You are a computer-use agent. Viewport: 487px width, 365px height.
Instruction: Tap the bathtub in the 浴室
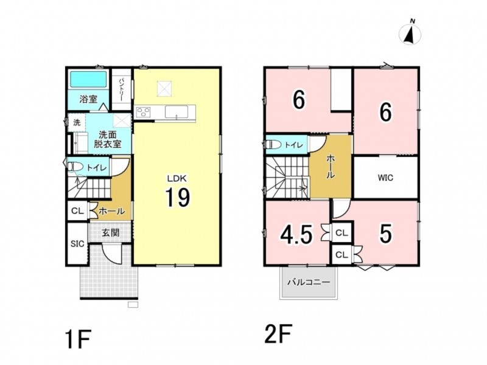88,79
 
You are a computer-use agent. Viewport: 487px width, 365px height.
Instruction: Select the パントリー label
121,89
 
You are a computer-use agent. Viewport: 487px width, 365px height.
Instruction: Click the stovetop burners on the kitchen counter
143,112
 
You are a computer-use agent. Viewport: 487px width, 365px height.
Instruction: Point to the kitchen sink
176,112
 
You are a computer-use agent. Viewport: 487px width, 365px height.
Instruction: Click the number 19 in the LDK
177,197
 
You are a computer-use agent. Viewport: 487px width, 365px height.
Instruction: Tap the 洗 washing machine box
77,122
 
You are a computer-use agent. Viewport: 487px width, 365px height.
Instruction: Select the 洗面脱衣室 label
108,139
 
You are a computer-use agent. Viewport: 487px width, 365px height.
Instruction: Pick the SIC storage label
77,244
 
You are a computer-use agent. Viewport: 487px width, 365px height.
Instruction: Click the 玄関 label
111,232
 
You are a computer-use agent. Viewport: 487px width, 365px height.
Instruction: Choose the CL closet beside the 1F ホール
78,211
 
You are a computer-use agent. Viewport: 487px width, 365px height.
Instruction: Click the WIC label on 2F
385,178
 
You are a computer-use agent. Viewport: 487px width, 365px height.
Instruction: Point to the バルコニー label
308,282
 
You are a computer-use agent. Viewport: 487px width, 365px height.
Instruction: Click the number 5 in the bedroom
385,234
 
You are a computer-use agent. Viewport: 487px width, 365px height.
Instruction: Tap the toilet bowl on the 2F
273,145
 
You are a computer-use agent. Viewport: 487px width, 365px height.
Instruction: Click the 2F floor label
278,333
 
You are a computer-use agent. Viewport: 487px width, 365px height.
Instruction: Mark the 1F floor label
79,340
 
